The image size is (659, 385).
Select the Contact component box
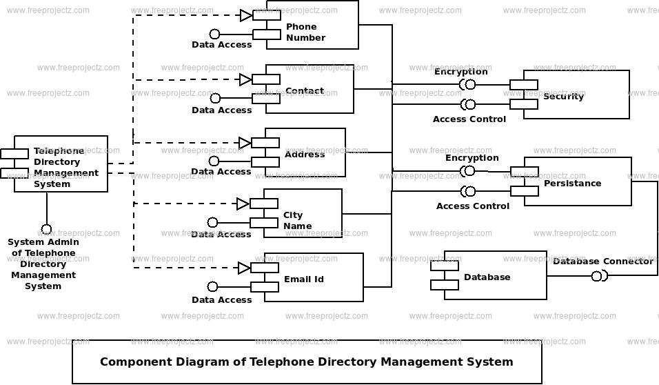317,90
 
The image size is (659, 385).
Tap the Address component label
305,154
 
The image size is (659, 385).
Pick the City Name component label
298,220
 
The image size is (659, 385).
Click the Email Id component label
303,279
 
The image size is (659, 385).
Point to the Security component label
563,96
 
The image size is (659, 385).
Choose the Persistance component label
572,183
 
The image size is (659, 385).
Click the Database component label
487,277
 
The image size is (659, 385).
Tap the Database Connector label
602,261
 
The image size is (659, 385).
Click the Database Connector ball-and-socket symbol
598,277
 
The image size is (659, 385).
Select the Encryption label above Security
460,71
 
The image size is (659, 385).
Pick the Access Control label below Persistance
473,206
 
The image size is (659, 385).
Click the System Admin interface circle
46,229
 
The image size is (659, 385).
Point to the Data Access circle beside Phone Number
214,34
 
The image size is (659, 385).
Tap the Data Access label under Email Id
221,299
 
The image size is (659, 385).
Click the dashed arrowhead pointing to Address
245,143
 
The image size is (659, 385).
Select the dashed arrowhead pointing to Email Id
244,268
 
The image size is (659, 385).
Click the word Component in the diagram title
134,362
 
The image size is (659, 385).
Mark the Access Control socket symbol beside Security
469,104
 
